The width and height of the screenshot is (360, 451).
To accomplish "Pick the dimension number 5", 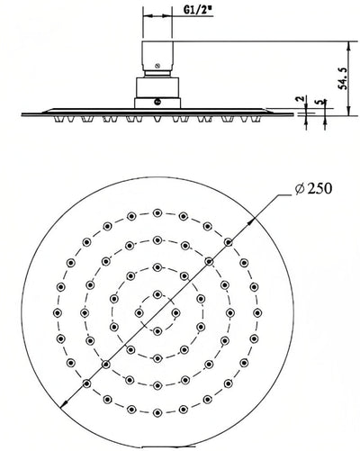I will [322, 101].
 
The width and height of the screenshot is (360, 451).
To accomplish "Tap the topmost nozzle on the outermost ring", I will [158, 213].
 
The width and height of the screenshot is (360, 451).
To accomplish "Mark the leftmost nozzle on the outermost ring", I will [59, 311].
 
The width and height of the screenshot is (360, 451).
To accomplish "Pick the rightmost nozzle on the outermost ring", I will [257, 311].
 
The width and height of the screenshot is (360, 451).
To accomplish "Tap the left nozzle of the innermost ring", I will [139, 311].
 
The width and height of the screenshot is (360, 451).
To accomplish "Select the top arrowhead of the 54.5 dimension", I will [347, 41].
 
